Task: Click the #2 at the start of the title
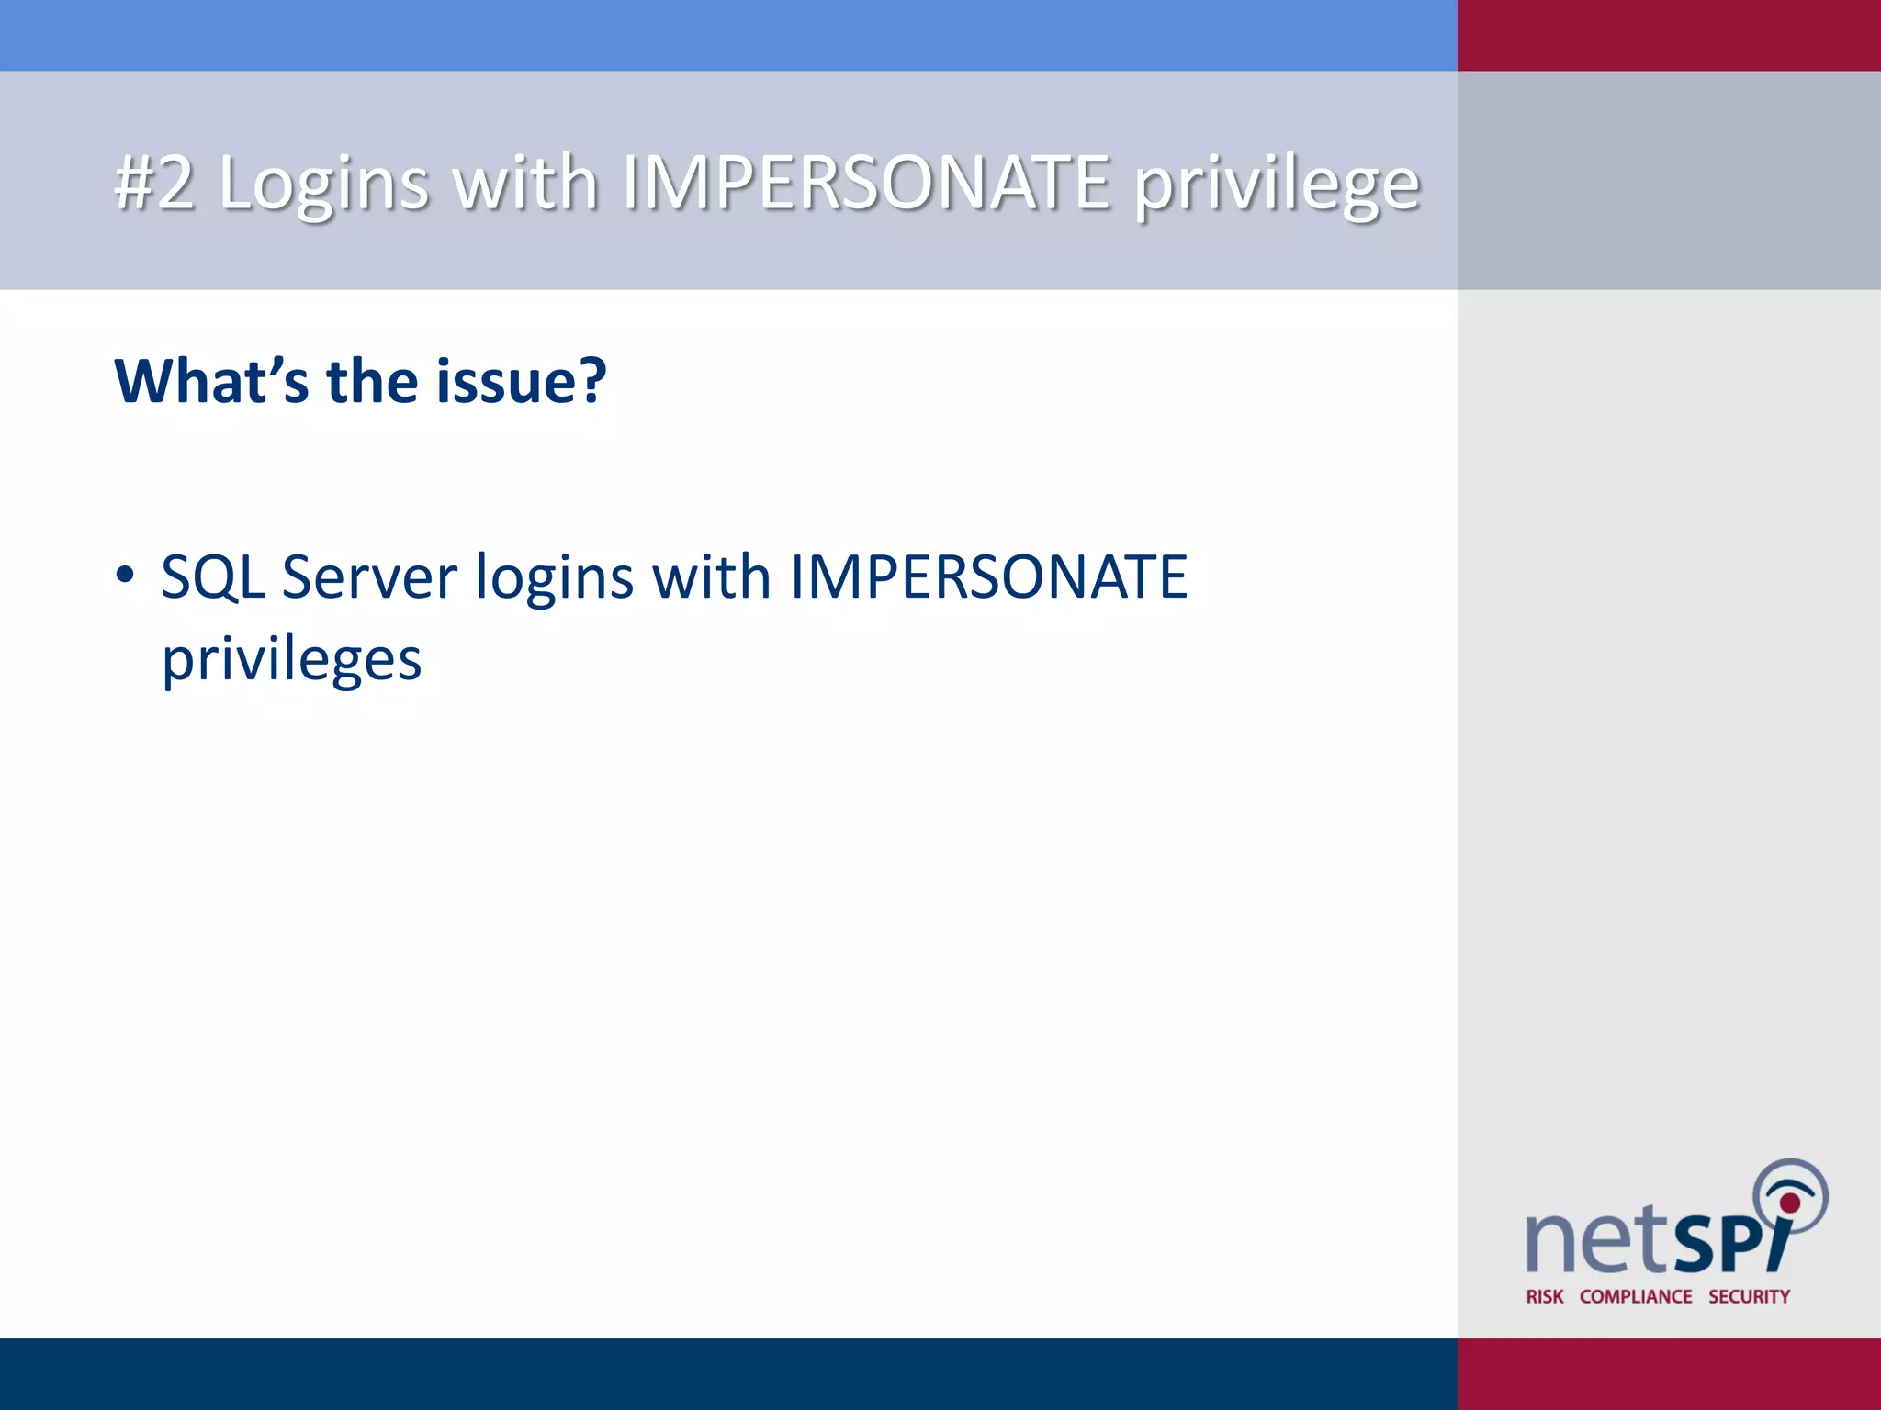click(154, 183)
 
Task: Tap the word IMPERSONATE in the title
click(866, 183)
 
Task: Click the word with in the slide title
click(527, 183)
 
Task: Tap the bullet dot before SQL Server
click(125, 576)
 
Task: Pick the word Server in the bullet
click(369, 577)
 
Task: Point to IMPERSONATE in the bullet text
click(988, 577)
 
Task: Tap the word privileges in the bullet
click(292, 661)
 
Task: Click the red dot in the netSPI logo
click(1789, 1203)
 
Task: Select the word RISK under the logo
click(1544, 1296)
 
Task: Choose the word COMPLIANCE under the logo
click(1635, 1296)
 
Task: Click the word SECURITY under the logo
click(1749, 1296)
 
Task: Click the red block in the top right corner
click(1669, 35)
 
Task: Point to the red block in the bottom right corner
click(1669, 1373)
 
